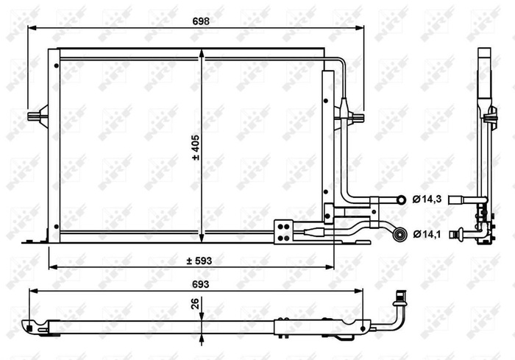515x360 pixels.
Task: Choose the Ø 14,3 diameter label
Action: (x=426, y=199)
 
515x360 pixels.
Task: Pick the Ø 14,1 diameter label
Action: (x=426, y=235)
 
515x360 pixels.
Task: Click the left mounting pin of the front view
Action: (x=35, y=116)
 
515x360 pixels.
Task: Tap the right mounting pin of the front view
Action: (x=358, y=116)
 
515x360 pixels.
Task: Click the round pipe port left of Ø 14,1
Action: (x=400, y=235)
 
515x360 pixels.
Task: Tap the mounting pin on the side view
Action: (x=490, y=116)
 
